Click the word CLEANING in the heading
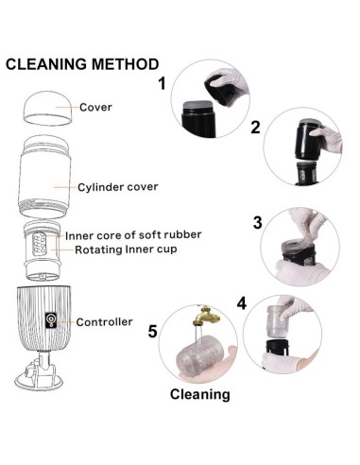pyautogui.click(x=46, y=64)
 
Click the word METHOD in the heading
pyautogui.click(x=125, y=64)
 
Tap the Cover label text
pyautogui.click(x=95, y=107)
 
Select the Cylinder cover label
pyautogui.click(x=118, y=187)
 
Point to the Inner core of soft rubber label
pyautogui.click(x=133, y=235)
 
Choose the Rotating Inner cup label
pyautogui.click(x=126, y=250)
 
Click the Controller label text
pyautogui.click(x=104, y=322)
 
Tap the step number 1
pyautogui.click(x=162, y=84)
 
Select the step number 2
pyautogui.click(x=256, y=128)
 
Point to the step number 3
pyautogui.click(x=258, y=222)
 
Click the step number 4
pyautogui.click(x=242, y=303)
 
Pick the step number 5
pyautogui.click(x=153, y=332)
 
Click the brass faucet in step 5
pyautogui.click(x=205, y=316)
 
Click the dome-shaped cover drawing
pyautogui.click(x=47, y=109)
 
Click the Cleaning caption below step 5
pyautogui.click(x=200, y=394)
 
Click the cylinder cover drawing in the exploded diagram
pyautogui.click(x=44, y=177)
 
